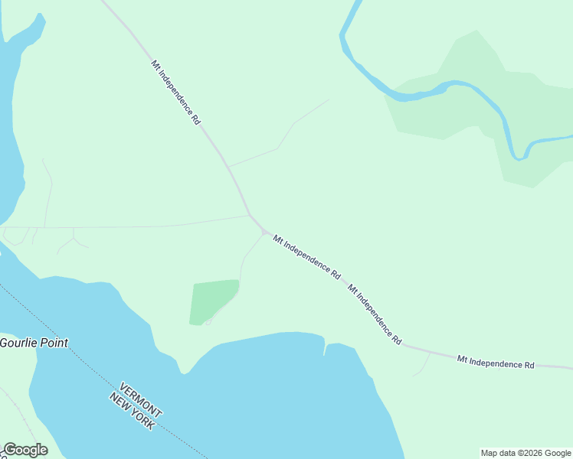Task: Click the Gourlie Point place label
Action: pyautogui.click(x=34, y=343)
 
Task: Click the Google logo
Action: pyautogui.click(x=25, y=450)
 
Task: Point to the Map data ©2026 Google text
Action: pyautogui.click(x=526, y=453)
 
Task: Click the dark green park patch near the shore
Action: pyautogui.click(x=212, y=301)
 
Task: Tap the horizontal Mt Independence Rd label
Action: pyautogui.click(x=496, y=362)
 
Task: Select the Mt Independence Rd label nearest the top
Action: pyautogui.click(x=175, y=93)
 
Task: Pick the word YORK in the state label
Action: pyautogui.click(x=144, y=418)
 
